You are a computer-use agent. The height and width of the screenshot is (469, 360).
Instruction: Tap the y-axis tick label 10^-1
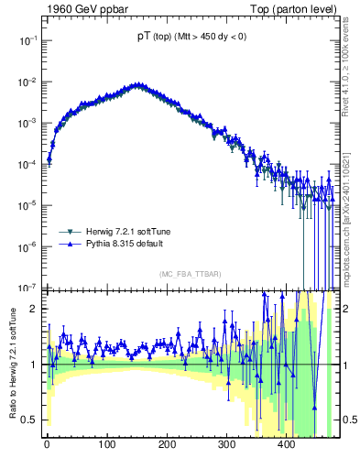click(x=27, y=40)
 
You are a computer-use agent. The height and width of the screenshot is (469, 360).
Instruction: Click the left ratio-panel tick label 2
click(x=35, y=309)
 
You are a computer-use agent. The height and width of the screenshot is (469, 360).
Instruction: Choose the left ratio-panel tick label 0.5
click(x=30, y=420)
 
